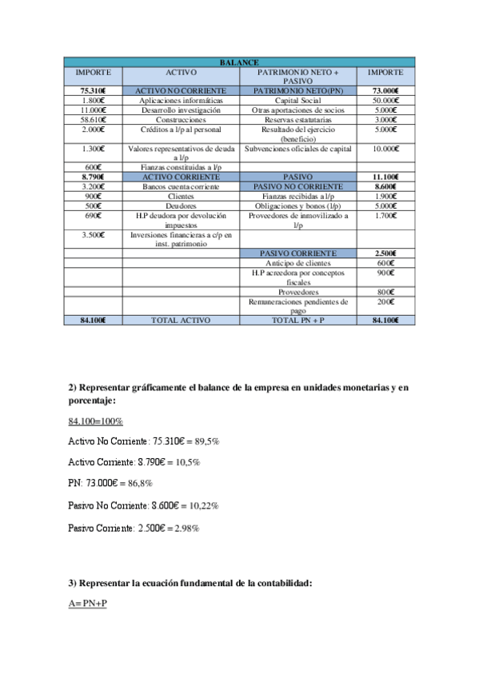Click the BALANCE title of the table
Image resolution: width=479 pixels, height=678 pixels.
tap(238, 62)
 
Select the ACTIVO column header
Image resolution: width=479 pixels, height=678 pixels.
tap(181, 73)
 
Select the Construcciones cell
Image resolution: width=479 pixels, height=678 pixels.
tap(181, 120)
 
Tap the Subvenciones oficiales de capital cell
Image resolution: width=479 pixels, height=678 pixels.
tap(297, 149)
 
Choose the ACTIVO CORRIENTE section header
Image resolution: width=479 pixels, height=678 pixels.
tap(181, 176)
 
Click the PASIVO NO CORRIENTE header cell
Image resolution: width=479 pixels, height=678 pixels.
tap(297, 185)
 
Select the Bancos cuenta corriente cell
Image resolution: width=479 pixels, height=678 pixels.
tap(181, 185)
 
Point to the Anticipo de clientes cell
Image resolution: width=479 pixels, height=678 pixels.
tap(297, 263)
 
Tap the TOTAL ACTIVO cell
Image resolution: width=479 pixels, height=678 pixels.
tap(181, 320)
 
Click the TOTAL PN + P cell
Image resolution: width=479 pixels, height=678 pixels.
tap(297, 320)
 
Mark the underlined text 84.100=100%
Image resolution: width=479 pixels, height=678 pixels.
tap(96, 421)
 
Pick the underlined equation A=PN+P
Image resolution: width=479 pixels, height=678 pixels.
tap(88, 604)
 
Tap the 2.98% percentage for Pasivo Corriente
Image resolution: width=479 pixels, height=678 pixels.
tap(186, 528)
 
